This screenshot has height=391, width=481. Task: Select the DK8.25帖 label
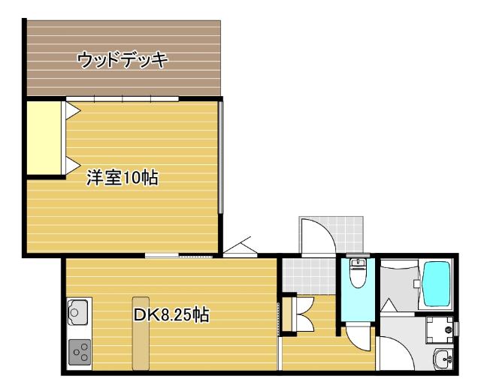(171, 315)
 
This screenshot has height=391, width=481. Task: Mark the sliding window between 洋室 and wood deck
(122, 99)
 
